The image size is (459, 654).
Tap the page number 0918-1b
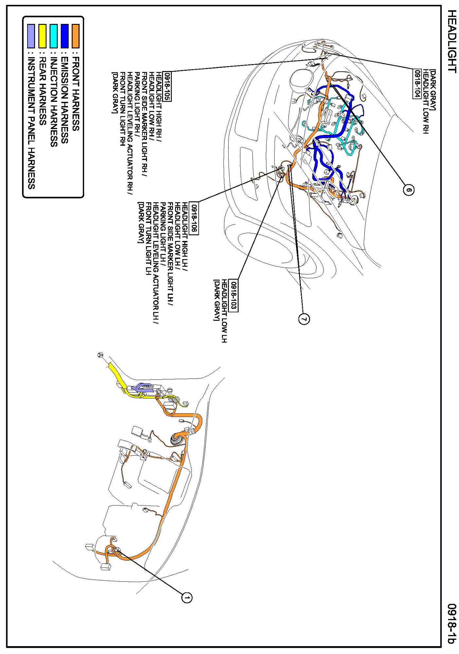(451, 624)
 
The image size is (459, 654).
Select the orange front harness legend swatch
(75, 36)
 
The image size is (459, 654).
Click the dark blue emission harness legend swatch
(64, 36)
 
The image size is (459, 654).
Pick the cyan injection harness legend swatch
(53, 36)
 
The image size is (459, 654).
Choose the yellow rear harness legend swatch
(43, 36)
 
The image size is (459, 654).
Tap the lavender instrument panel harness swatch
(31, 36)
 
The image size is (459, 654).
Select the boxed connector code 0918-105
(167, 86)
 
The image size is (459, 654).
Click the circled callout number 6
(409, 190)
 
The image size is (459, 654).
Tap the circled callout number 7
(304, 318)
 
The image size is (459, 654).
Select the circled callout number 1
(187, 597)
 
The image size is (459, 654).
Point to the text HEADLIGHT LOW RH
(425, 101)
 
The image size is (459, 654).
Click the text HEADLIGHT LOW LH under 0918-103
(224, 311)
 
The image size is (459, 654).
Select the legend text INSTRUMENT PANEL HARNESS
(31, 123)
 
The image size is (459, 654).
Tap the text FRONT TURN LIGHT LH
(148, 239)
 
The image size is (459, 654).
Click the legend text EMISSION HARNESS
(64, 100)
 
